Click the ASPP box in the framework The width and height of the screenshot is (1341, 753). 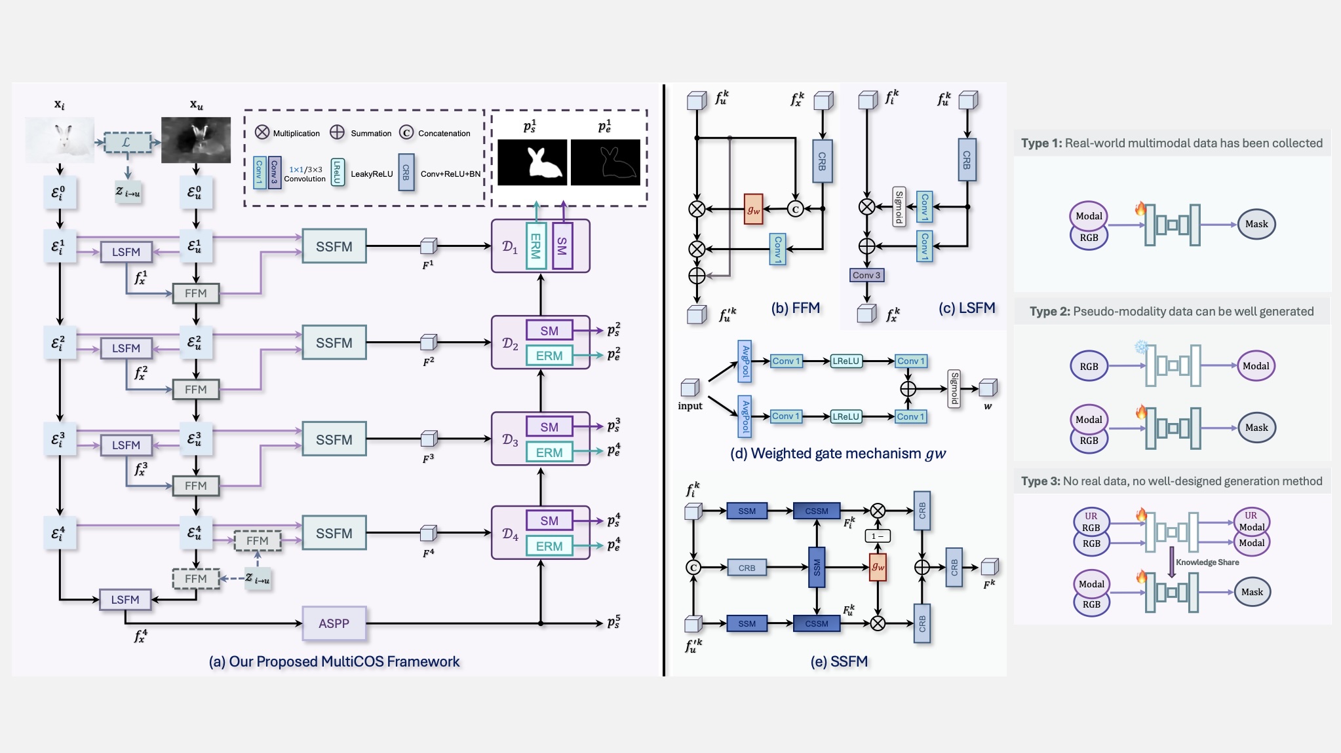pyautogui.click(x=334, y=623)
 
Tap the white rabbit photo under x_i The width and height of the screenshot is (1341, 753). pyautogui.click(x=60, y=139)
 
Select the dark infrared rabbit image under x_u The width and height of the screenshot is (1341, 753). pyautogui.click(x=196, y=139)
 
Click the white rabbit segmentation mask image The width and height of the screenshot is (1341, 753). pyautogui.click(x=532, y=162)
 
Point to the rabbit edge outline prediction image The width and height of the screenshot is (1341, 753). pyautogui.click(x=606, y=162)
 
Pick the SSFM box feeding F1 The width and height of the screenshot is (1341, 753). pyautogui.click(x=334, y=246)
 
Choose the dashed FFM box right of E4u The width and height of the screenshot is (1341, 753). pyautogui.click(x=258, y=541)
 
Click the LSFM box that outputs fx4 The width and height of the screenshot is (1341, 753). pyautogui.click(x=125, y=600)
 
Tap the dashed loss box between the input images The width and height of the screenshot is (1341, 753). pyautogui.click(x=127, y=142)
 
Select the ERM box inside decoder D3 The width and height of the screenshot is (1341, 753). pyautogui.click(x=549, y=452)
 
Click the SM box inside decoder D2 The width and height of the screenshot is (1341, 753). pyautogui.click(x=549, y=331)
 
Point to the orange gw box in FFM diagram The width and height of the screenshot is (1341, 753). pyautogui.click(x=754, y=210)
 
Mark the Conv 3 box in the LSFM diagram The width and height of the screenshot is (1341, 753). pyautogui.click(x=866, y=275)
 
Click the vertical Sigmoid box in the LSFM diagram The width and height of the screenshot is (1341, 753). pyautogui.click(x=899, y=207)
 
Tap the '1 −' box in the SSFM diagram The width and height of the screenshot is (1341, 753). pyautogui.click(x=878, y=536)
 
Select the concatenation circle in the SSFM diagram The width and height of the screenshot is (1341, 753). pyautogui.click(x=693, y=568)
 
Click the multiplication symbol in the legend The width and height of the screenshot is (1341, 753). pyautogui.click(x=262, y=132)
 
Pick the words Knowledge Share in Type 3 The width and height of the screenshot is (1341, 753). pyautogui.click(x=1207, y=562)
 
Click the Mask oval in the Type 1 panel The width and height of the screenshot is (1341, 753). pyautogui.click(x=1256, y=224)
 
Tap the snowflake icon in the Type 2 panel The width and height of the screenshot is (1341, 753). pyautogui.click(x=1142, y=347)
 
